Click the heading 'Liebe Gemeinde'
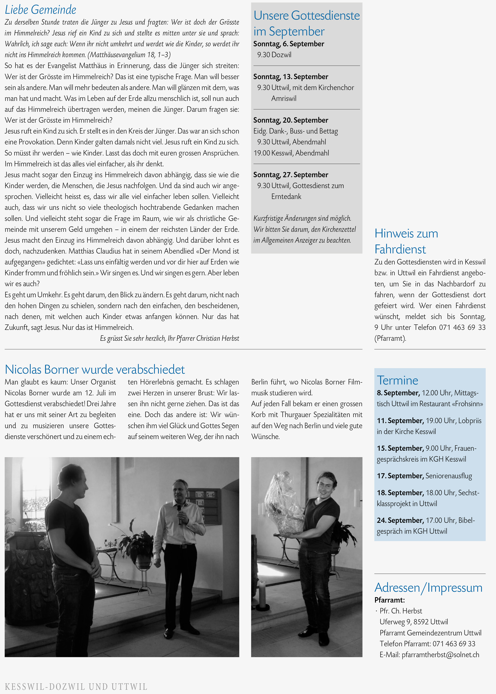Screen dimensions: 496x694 [41, 10]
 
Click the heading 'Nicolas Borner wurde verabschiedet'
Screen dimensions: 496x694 [95, 369]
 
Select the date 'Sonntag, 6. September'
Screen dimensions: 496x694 [289, 44]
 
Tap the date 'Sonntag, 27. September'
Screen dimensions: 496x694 [291, 175]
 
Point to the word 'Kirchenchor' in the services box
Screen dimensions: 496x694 [336, 88]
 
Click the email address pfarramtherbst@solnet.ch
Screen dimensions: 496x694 [440, 655]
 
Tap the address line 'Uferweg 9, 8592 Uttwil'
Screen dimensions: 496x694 [414, 622]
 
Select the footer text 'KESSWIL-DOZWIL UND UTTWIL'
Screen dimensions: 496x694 [76, 687]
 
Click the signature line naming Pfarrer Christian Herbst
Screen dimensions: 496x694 [170, 338]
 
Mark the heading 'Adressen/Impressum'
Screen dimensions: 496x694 [428, 587]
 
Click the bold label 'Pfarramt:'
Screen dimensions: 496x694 [389, 600]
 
